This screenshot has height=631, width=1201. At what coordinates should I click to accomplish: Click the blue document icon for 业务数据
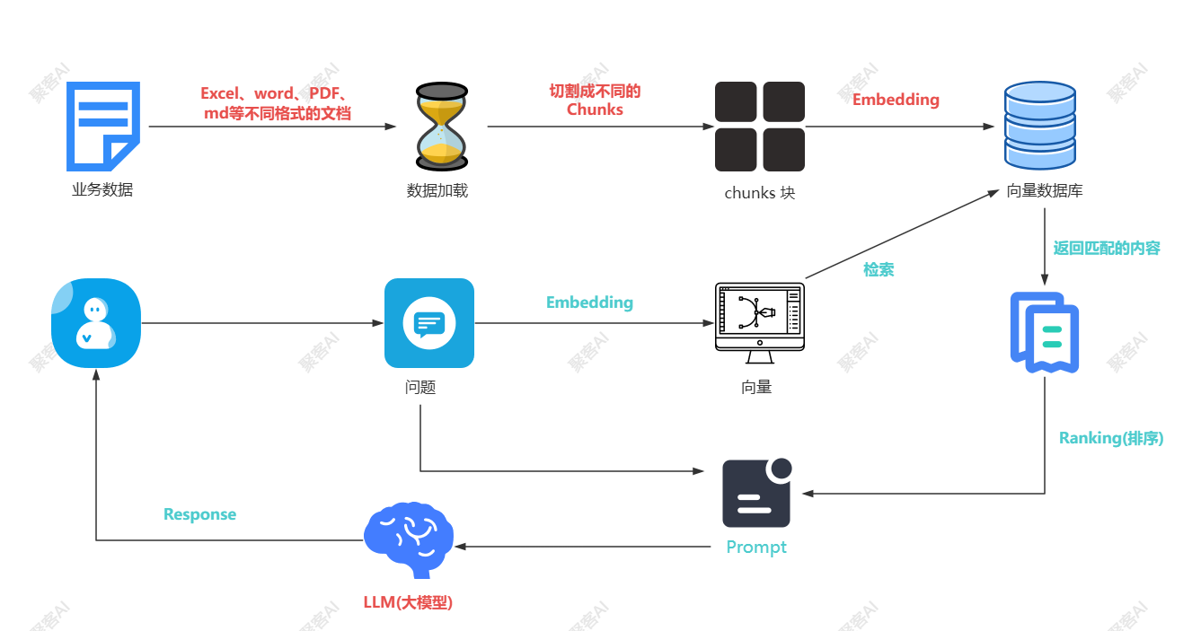pos(103,127)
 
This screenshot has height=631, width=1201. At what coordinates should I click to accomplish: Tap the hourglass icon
pos(442,126)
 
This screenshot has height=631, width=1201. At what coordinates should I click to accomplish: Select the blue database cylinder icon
pos(1039,126)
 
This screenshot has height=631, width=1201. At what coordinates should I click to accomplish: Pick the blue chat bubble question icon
pos(428,323)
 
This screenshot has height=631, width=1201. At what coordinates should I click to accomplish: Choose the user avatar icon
pos(96,323)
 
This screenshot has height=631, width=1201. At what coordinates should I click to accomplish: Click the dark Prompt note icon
pos(756,494)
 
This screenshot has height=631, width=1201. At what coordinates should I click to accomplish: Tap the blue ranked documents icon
pos(1045,332)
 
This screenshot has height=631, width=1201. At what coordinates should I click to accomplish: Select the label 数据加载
pos(437,191)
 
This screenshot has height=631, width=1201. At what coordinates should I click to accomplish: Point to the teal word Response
pos(199,514)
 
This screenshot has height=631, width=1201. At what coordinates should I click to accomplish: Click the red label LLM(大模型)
pos(408,602)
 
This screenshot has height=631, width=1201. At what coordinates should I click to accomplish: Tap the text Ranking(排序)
pos(1111,438)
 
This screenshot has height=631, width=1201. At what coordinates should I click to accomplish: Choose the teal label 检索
pos(879,269)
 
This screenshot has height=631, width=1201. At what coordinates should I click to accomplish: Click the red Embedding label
pos(896,100)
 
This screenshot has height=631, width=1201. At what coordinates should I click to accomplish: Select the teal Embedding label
pos(589,302)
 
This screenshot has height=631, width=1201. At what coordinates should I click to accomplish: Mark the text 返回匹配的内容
pos(1107,248)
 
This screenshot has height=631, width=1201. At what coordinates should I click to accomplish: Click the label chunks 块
pos(759,193)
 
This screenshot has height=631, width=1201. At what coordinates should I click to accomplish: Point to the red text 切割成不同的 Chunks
pos(595,101)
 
